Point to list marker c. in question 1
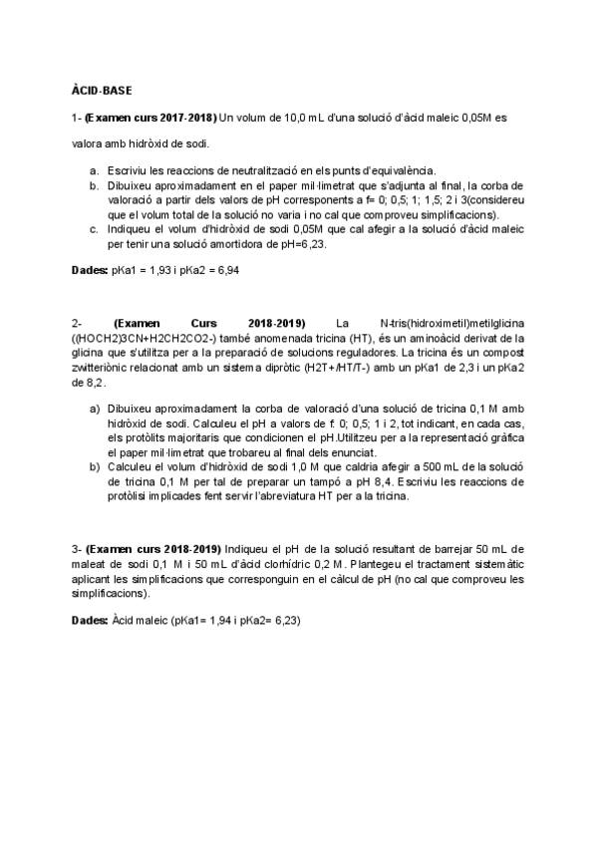tap(93, 227)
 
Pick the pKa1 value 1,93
tap(155, 270)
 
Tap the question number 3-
tap(77, 550)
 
